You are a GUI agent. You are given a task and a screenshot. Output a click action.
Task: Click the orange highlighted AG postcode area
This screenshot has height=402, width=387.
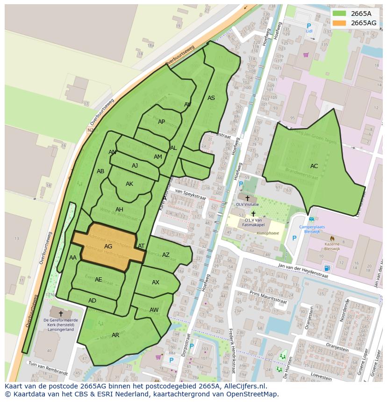pyautogui.click(x=108, y=246)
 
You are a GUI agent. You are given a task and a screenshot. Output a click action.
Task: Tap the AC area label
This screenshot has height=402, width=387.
pyautogui.click(x=314, y=166)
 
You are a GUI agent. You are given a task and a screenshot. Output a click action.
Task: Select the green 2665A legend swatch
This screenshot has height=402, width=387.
pyautogui.click(x=340, y=14)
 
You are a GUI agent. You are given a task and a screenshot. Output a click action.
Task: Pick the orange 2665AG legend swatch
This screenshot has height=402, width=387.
pyautogui.click(x=340, y=23)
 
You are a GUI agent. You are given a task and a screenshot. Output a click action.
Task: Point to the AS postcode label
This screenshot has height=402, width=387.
pyautogui.click(x=211, y=98)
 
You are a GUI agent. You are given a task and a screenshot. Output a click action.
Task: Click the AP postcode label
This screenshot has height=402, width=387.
pyautogui.click(x=161, y=122)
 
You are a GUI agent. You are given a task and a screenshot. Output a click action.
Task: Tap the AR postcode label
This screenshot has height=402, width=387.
pyautogui.click(x=115, y=335)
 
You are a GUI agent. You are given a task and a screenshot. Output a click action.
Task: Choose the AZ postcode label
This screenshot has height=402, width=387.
pyautogui.click(x=166, y=255)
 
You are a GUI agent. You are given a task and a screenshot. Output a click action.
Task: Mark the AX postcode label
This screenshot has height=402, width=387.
pyautogui.click(x=156, y=282)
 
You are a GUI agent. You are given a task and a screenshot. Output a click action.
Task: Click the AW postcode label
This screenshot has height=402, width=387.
pyautogui.click(x=154, y=310)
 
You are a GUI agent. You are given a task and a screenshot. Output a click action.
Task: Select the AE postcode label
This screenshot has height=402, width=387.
pyautogui.click(x=98, y=280)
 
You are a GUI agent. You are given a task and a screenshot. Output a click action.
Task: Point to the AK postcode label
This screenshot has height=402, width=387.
pyautogui.click(x=129, y=184)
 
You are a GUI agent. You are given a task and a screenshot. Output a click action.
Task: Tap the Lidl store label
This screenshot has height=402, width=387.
pyautogui.click(x=309, y=31)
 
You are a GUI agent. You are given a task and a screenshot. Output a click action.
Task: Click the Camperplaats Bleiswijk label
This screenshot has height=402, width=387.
pyautogui.click(x=312, y=230)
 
